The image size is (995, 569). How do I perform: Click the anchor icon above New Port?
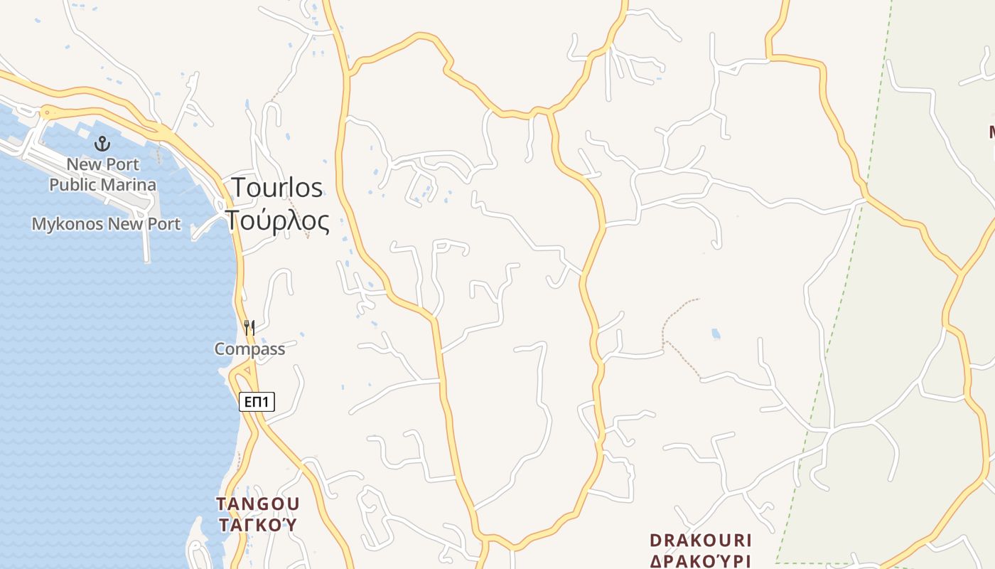(x=103, y=144)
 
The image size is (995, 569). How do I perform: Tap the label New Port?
(x=103, y=164)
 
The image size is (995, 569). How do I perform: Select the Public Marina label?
(x=103, y=185)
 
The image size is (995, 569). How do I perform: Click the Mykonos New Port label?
(x=106, y=224)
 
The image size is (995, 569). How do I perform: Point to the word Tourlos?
(x=277, y=188)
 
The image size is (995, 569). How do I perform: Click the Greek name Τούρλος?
(x=278, y=221)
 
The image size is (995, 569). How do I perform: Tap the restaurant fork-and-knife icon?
(x=249, y=328)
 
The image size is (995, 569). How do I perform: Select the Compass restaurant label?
(x=249, y=349)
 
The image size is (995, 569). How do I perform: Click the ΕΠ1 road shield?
(x=257, y=402)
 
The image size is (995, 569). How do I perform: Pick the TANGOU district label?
(x=257, y=504)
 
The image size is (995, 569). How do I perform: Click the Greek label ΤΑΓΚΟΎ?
(x=257, y=526)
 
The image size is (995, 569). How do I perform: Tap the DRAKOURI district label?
(x=701, y=541)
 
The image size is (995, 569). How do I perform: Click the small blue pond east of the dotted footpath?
(x=716, y=334)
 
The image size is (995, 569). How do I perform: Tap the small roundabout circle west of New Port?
(x=47, y=112)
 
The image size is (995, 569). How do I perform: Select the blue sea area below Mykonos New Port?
(x=107, y=356)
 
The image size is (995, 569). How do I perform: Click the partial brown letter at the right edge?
(x=991, y=132)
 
